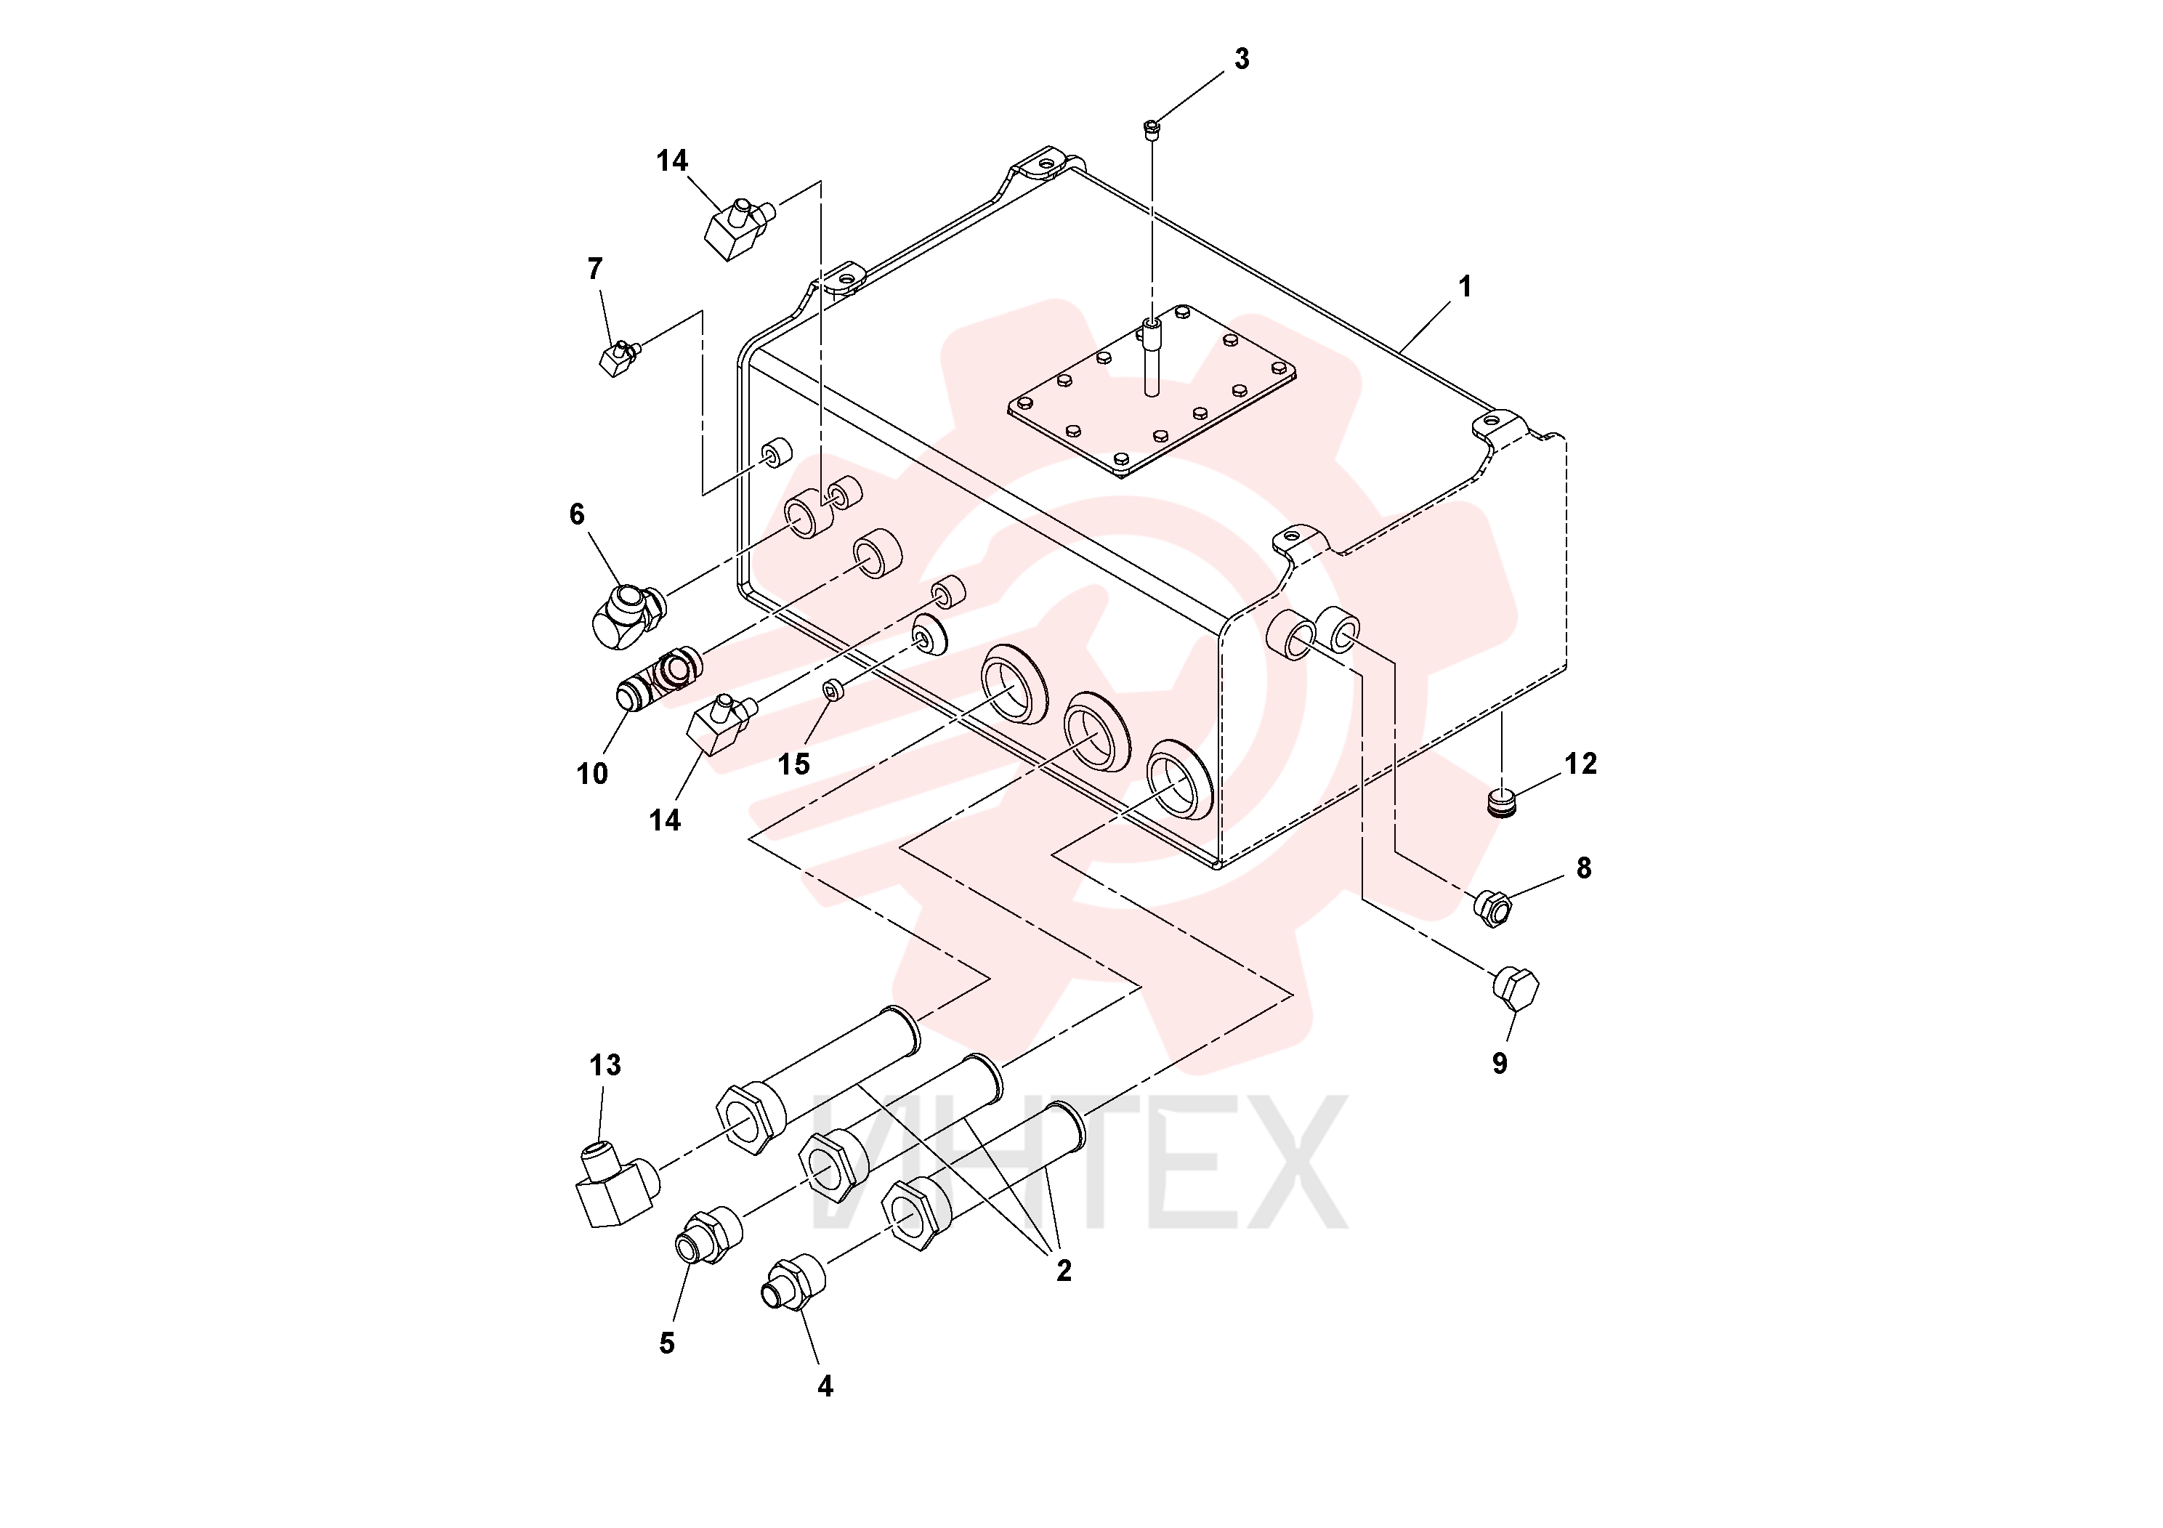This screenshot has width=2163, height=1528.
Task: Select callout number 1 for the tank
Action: pyautogui.click(x=1465, y=286)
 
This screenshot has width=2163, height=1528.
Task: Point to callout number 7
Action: pyautogui.click(x=594, y=270)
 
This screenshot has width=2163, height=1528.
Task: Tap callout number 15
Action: pyautogui.click(x=794, y=764)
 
